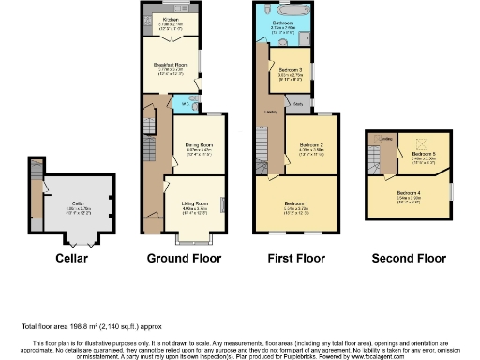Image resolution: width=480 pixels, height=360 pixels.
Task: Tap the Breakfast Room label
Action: pyautogui.click(x=171, y=65)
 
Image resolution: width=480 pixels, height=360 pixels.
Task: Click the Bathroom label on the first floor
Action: pyautogui.click(x=285, y=21)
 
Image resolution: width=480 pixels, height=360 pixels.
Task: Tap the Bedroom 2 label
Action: pyautogui.click(x=311, y=146)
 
